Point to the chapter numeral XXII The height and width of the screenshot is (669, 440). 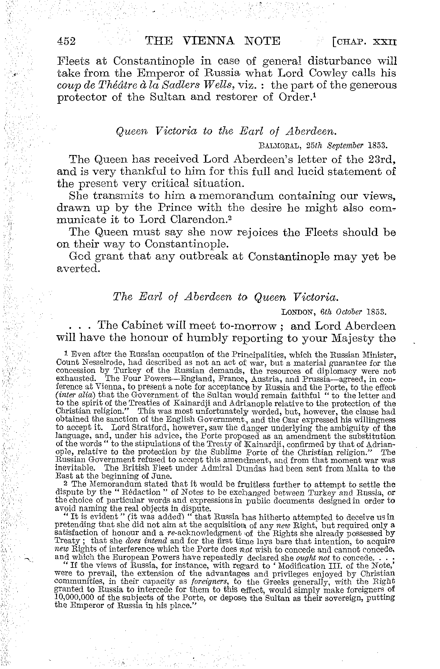click(x=385, y=42)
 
